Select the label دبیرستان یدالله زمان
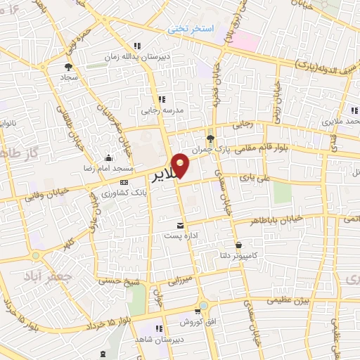(138, 56)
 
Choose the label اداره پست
(181, 236)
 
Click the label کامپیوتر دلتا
(240, 256)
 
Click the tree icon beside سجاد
(68, 66)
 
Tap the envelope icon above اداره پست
(181, 225)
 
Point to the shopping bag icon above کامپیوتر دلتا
(240, 245)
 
